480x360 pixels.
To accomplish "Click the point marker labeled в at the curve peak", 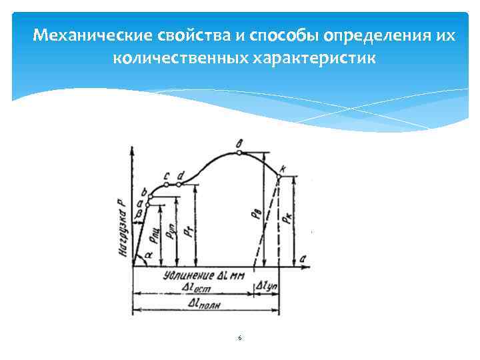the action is (239, 152).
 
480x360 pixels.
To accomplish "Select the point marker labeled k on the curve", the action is (279, 175).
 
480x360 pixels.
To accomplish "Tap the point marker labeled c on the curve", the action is (166, 184).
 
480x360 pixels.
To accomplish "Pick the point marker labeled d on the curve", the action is (179, 184).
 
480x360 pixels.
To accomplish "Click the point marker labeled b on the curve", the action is (150, 197).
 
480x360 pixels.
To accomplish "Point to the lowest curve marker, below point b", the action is (146, 205).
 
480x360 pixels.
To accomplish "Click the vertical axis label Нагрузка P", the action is (123, 227).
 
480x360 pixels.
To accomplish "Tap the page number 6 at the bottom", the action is (239, 339).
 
